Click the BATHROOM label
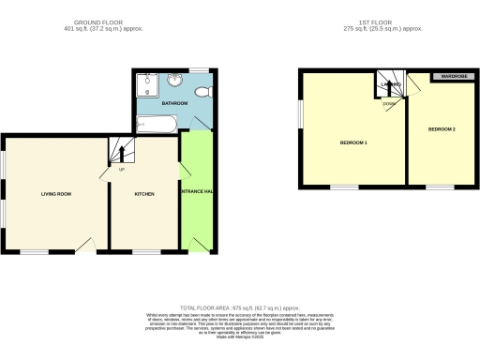pyautogui.click(x=174, y=101)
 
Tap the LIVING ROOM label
pyautogui.click(x=56, y=194)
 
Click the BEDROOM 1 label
pyautogui.click(x=352, y=142)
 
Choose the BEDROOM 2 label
pyautogui.click(x=442, y=128)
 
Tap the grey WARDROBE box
pyautogui.click(x=449, y=76)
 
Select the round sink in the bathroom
pyautogui.click(x=175, y=81)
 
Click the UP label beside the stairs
pyautogui.click(x=121, y=170)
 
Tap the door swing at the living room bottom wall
pyautogui.click(x=86, y=245)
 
